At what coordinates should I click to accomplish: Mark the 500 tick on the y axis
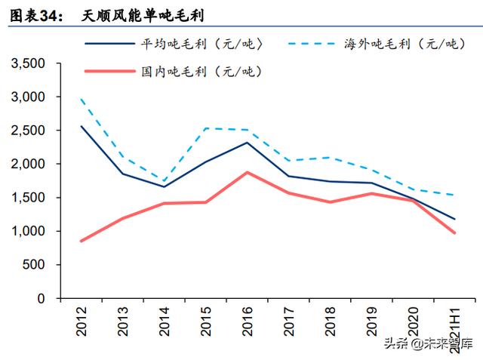tap(33, 265)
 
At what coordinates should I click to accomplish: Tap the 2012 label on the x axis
tap(82, 322)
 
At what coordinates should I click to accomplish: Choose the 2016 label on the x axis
tap(246, 322)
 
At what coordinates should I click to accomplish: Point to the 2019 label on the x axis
tap(370, 322)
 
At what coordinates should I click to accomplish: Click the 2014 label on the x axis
tap(164, 322)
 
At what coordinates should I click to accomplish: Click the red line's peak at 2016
tap(246, 172)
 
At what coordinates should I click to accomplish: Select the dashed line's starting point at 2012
tap(81, 99)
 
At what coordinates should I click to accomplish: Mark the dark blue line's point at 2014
tap(164, 186)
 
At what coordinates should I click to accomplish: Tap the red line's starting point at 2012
tap(81, 241)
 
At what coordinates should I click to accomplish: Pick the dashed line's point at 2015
tap(205, 128)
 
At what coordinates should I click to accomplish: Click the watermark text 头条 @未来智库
tap(427, 344)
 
